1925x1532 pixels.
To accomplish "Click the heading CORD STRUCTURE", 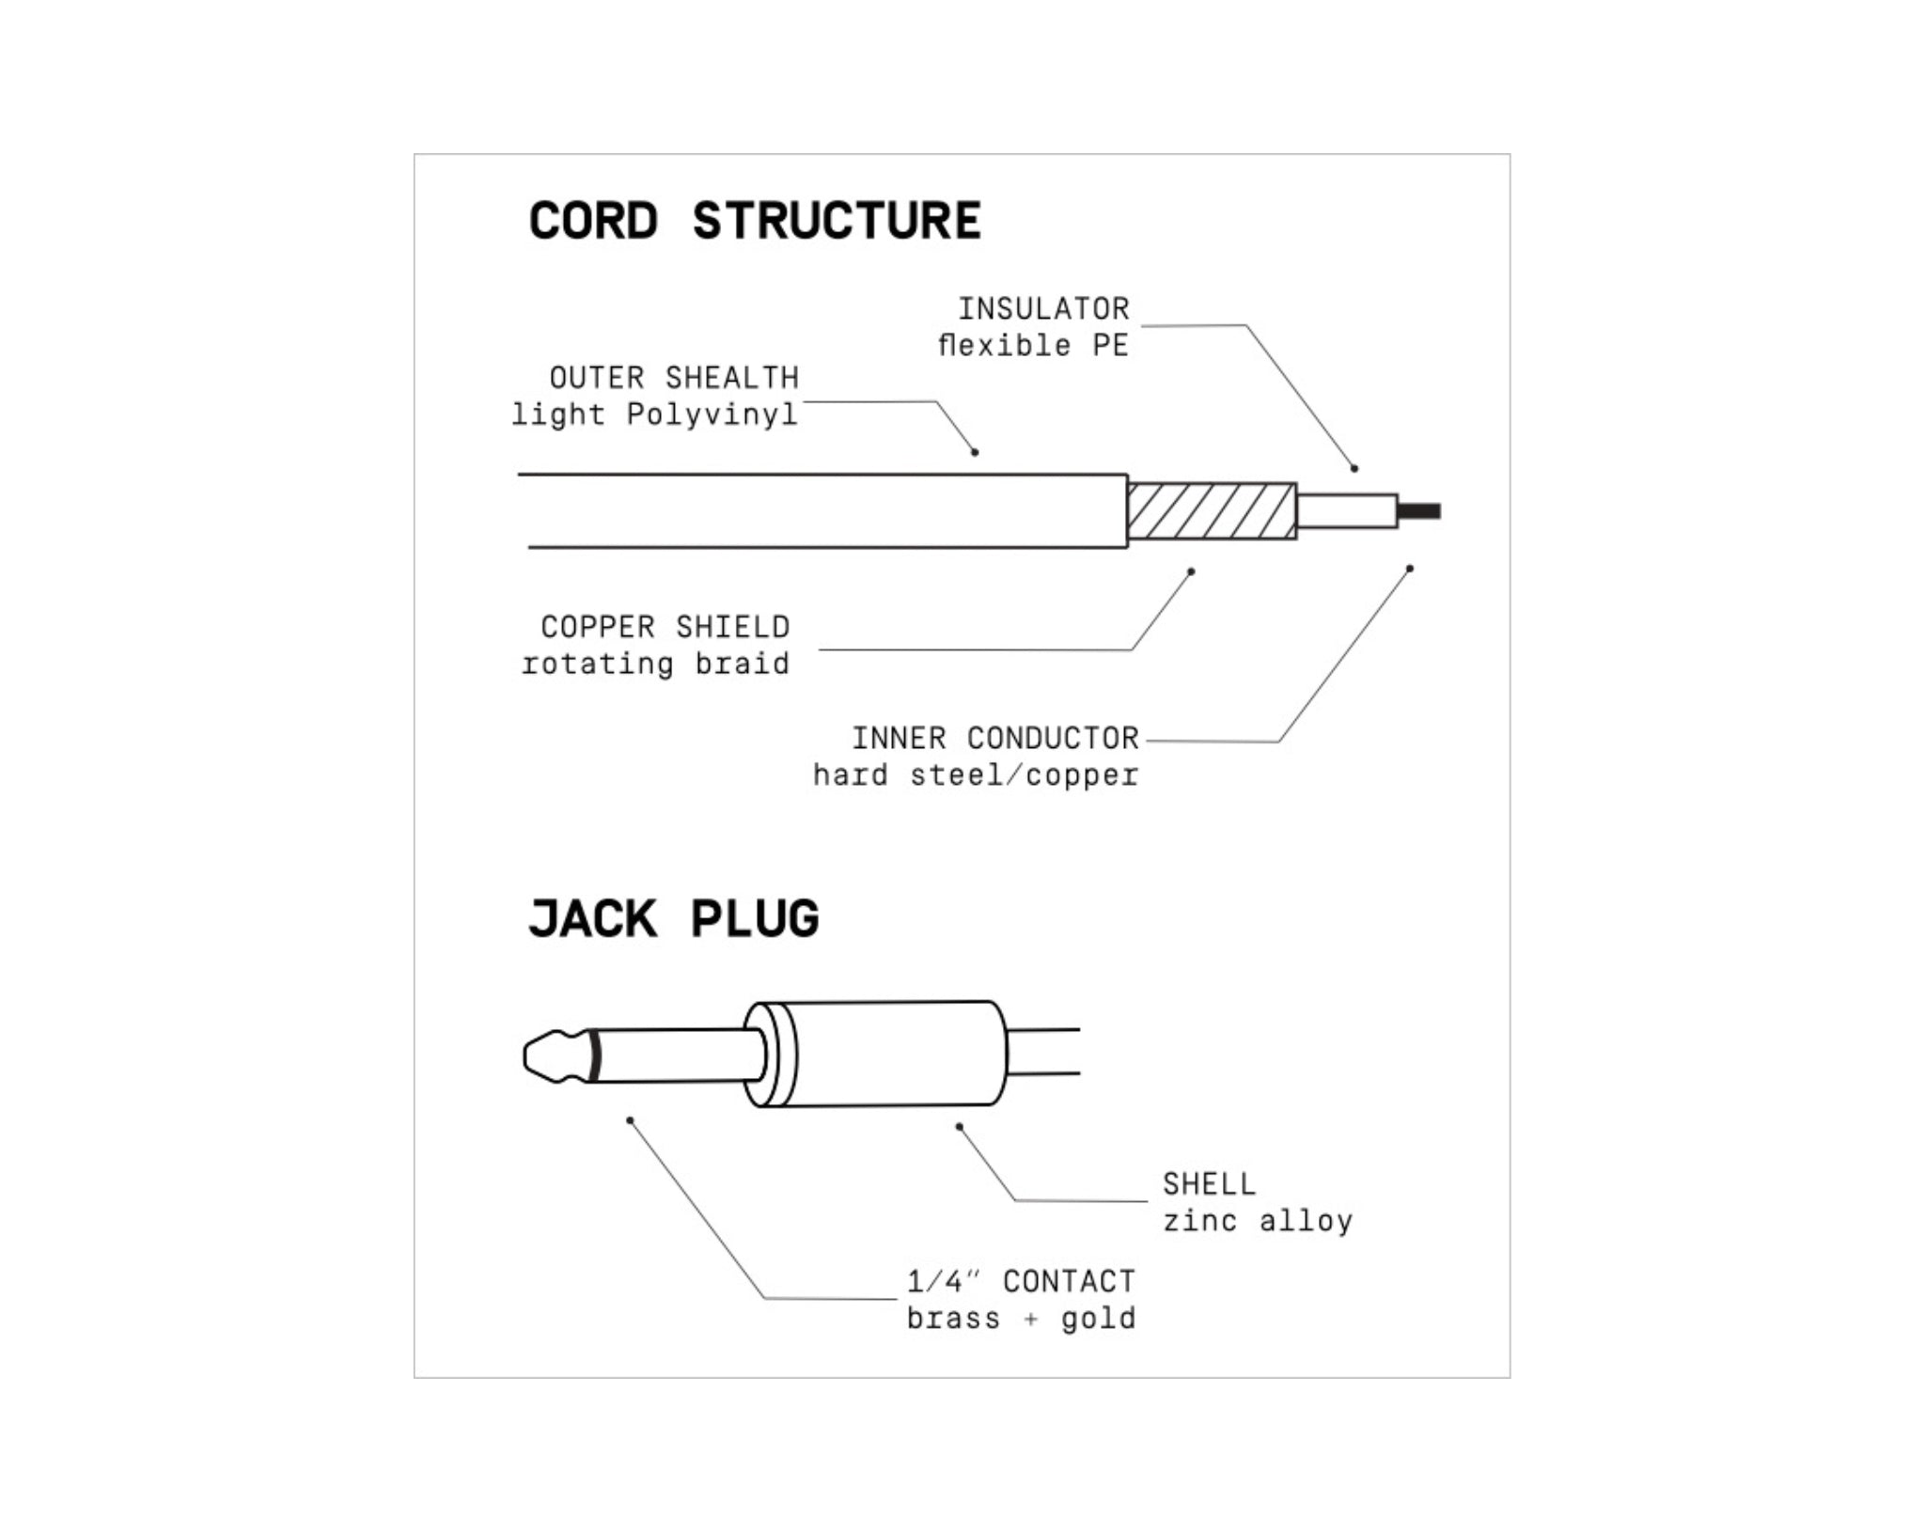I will tap(755, 221).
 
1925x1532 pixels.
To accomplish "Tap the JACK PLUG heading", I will tap(673, 918).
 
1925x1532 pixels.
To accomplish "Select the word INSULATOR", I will tap(1043, 308).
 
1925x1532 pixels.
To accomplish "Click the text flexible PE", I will tap(1033, 345).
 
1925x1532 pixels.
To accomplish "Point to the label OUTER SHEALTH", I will tap(674, 378).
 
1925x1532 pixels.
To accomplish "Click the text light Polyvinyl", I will tap(654, 414).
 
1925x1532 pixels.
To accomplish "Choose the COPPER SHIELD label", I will tap(665, 627).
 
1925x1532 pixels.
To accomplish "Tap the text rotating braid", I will tap(655, 664).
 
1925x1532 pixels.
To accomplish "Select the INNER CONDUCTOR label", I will tap(995, 738).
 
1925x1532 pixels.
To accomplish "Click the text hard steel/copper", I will tap(976, 775).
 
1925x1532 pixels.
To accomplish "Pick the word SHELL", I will tap(1209, 1183).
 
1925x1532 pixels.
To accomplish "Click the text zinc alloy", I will tap(1258, 1221).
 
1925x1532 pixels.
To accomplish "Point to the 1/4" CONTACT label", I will tap(1021, 1281).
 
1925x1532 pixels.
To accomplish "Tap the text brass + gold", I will tap(1021, 1319).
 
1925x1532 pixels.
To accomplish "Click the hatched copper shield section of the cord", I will tap(1212, 510).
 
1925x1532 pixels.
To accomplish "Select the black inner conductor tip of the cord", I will tap(1419, 511).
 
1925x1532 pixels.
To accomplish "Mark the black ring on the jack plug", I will tap(595, 1056).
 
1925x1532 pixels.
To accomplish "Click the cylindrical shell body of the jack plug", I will tap(893, 1053).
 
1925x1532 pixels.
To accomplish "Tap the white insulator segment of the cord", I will tap(1346, 511).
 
